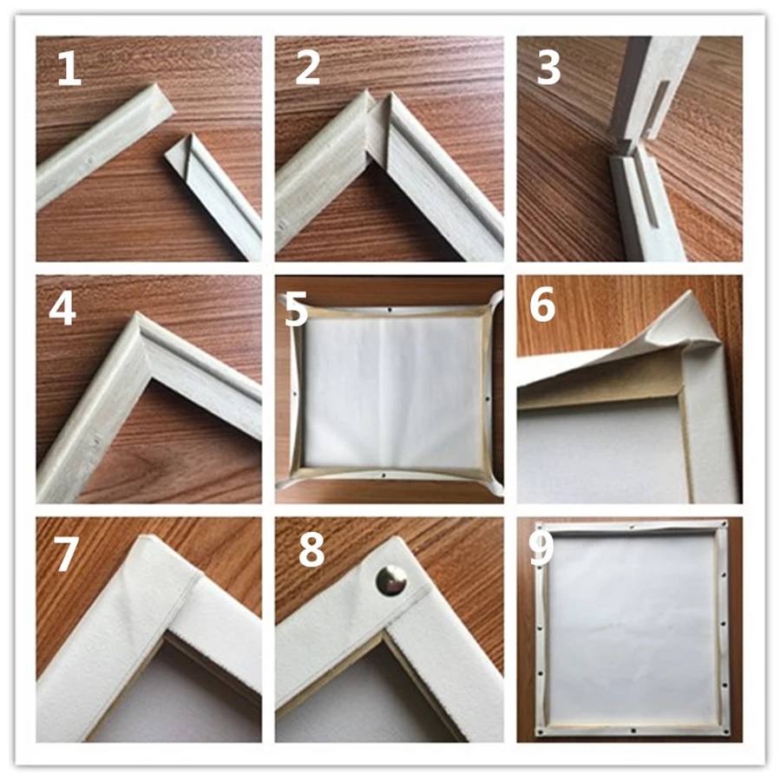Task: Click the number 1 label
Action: point(69,69)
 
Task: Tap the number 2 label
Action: point(307,69)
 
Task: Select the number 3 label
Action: point(548,69)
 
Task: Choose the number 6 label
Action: point(542,308)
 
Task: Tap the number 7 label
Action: point(66,555)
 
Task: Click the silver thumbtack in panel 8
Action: point(390,581)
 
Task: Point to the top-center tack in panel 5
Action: point(390,307)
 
